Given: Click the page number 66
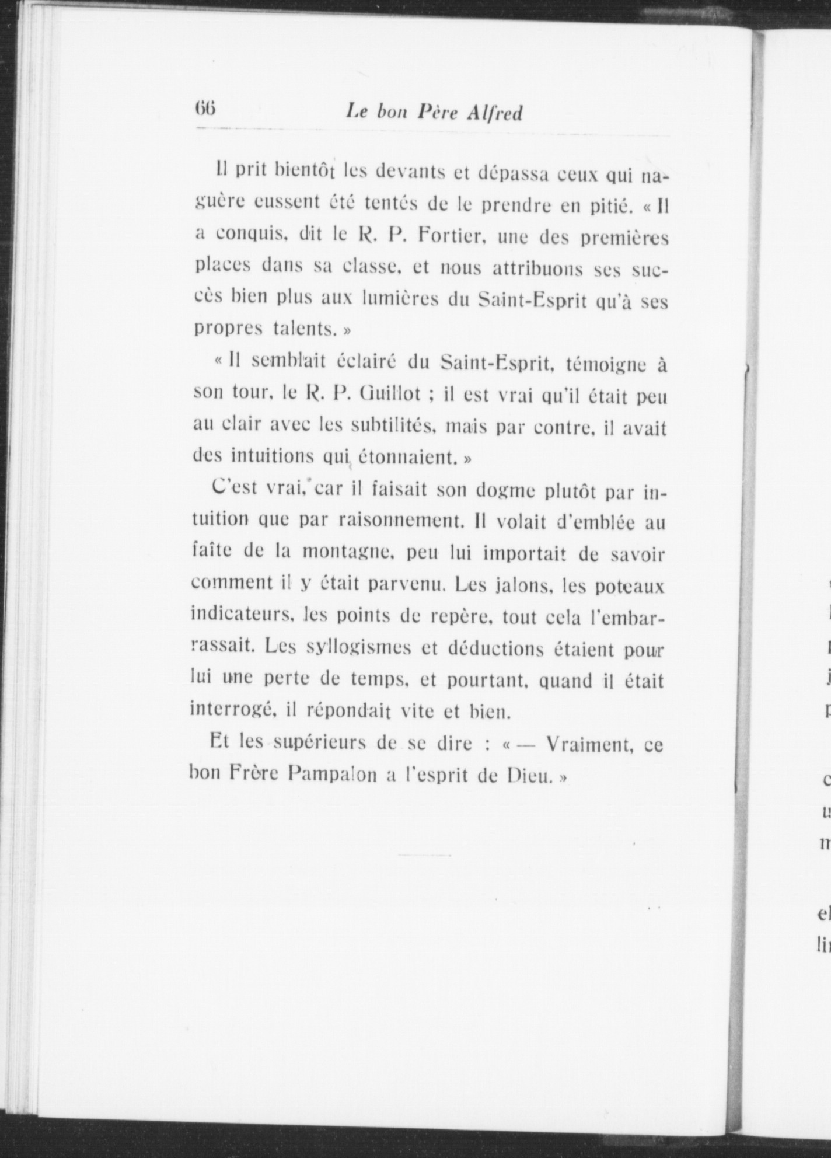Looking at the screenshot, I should (205, 109).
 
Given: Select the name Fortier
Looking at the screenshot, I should (451, 237).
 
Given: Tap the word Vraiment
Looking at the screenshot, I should (589, 744).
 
